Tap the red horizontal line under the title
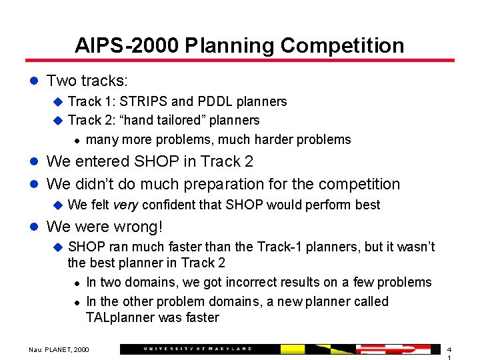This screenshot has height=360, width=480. [x=240, y=61]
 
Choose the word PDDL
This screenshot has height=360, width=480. [x=217, y=101]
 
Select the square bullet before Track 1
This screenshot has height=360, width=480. [x=57, y=101]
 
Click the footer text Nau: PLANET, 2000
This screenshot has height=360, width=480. [x=59, y=349]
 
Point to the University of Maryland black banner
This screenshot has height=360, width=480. [x=200, y=349]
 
